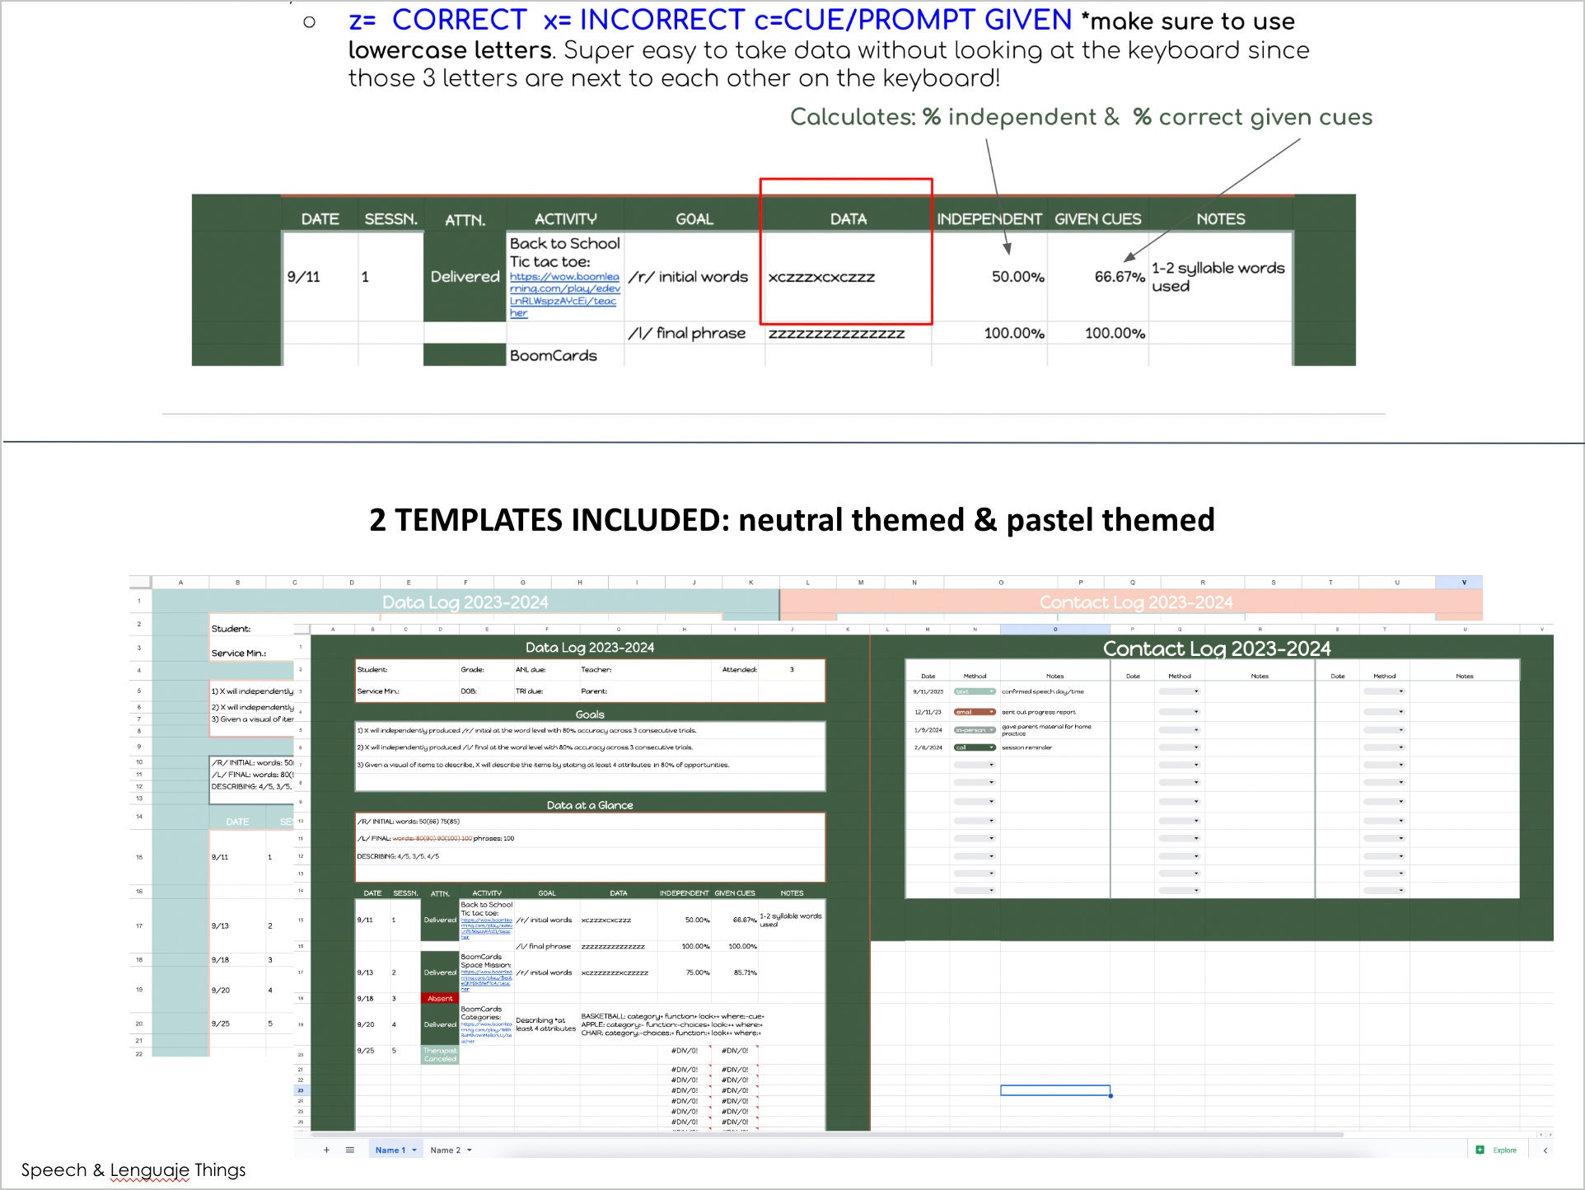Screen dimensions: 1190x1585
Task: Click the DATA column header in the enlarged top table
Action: [x=848, y=219]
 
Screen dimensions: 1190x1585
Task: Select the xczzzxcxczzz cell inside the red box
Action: [x=821, y=278]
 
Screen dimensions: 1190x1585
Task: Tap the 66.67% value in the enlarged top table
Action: [x=1118, y=277]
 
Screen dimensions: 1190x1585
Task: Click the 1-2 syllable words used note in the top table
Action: [x=1218, y=277]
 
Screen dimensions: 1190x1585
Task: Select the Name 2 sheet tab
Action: [x=446, y=1150]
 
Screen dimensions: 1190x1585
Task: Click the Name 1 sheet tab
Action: [x=390, y=1150]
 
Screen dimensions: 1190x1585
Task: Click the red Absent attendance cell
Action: [x=440, y=998]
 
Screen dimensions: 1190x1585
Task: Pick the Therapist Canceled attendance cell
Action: [x=440, y=1055]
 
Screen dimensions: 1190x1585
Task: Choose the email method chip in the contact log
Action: [x=975, y=712]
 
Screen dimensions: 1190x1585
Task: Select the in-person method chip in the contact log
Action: [x=975, y=730]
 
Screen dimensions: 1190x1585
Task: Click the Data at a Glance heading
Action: [x=590, y=805]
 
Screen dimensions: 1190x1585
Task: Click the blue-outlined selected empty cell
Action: [x=1054, y=1090]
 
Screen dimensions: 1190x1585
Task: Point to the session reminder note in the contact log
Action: [x=1026, y=747]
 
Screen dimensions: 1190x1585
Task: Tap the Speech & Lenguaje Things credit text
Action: [x=133, y=1170]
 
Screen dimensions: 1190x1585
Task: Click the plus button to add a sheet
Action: [x=326, y=1150]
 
